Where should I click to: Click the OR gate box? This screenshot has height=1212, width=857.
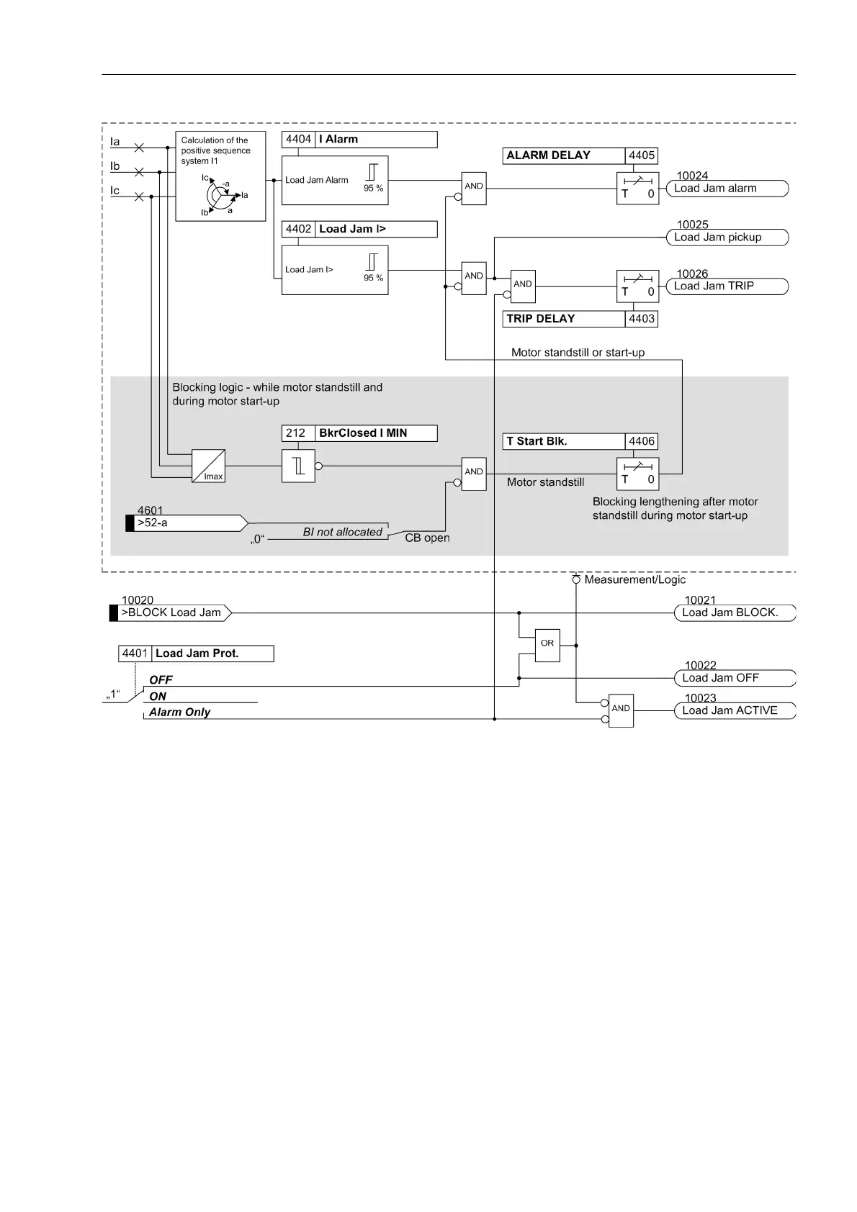tap(547, 644)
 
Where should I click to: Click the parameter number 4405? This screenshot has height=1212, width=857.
tap(642, 155)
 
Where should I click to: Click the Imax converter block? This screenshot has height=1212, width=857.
tap(209, 466)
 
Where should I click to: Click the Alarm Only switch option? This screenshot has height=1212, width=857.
tap(179, 712)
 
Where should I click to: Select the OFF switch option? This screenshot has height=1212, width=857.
tap(161, 679)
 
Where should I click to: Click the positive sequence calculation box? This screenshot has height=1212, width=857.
tap(221, 176)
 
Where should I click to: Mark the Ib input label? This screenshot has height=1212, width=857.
tap(115, 166)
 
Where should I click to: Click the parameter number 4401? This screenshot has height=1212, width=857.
tap(135, 654)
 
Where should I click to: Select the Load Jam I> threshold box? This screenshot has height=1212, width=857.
tap(335, 270)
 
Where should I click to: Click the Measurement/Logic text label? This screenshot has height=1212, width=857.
tap(634, 579)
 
